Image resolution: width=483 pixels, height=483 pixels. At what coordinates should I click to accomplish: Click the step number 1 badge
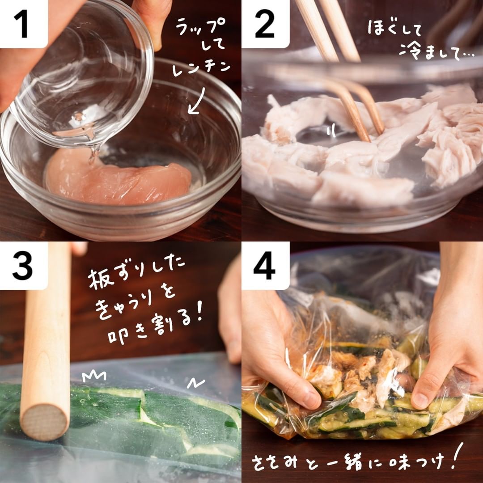(x=24, y=24)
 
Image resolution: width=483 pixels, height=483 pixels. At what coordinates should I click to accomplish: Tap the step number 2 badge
(x=265, y=24)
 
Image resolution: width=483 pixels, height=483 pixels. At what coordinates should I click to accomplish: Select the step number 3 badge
(x=24, y=266)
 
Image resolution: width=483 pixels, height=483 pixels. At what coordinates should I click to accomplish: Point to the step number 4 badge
(x=265, y=266)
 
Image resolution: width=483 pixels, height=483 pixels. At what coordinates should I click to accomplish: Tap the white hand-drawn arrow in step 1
(x=196, y=100)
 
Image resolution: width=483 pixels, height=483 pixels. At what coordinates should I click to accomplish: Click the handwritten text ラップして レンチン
(x=201, y=46)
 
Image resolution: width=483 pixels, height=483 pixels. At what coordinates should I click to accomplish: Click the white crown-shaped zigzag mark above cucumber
(x=94, y=376)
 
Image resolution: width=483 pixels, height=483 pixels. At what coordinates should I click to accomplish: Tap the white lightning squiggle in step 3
(x=196, y=383)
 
